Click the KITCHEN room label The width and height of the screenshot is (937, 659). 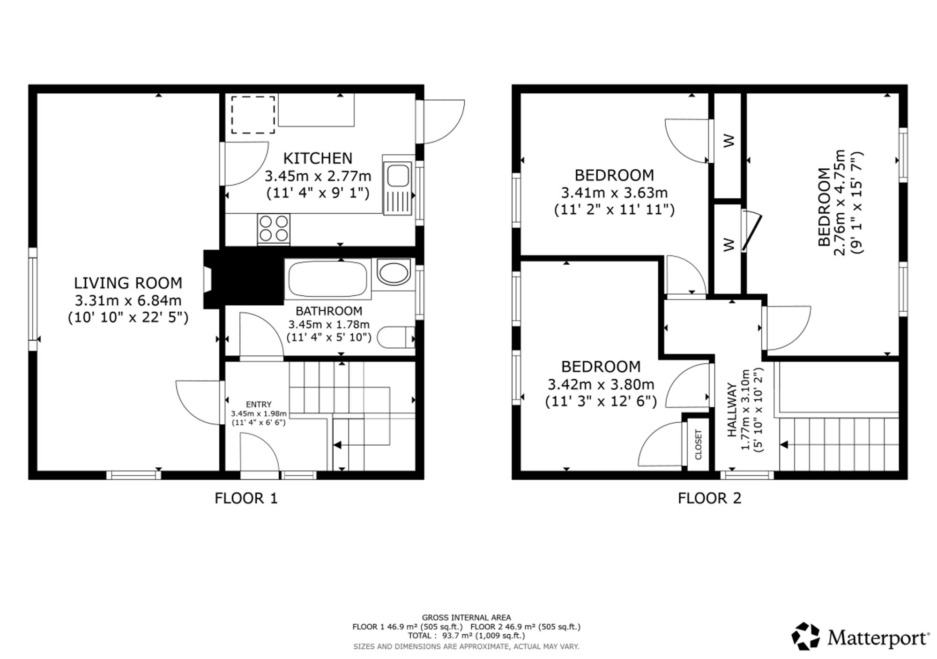[318, 158]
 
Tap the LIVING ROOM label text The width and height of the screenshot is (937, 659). [128, 283]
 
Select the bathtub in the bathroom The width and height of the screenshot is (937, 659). [327, 279]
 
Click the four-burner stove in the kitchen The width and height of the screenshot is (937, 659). [274, 229]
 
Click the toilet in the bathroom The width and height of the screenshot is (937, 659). [395, 337]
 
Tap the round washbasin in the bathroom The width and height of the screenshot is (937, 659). [393, 273]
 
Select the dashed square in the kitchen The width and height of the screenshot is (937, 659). [253, 115]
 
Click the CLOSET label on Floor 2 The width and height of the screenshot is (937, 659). [698, 444]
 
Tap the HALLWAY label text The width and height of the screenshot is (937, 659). [732, 410]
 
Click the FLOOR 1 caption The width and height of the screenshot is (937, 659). [246, 498]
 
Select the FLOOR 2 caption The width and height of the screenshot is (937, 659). [709, 498]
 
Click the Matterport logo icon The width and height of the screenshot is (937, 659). [805, 636]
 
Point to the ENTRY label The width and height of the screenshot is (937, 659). [259, 404]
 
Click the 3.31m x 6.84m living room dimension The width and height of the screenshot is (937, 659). [128, 300]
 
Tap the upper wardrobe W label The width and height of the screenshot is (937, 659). [729, 141]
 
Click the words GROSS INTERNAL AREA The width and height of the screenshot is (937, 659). [467, 618]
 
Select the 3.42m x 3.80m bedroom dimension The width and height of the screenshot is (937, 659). [601, 384]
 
